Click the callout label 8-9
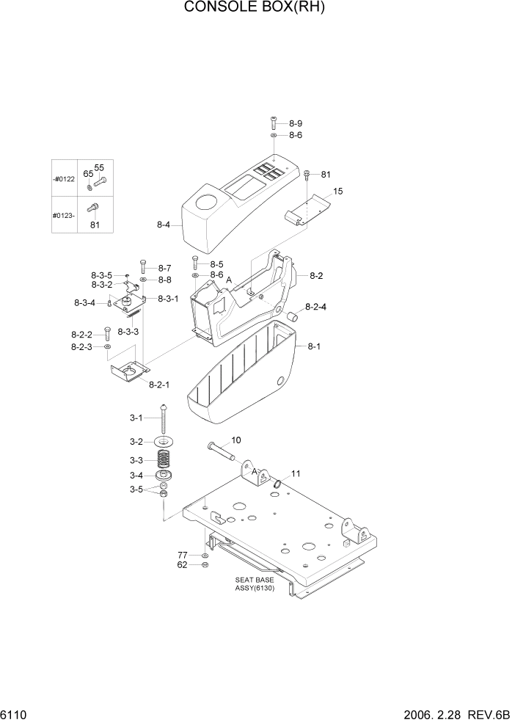(x=295, y=123)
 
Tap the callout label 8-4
(x=164, y=225)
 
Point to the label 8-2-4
(x=315, y=307)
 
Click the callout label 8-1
(x=314, y=346)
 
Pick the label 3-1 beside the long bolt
(x=136, y=418)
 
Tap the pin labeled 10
(x=221, y=451)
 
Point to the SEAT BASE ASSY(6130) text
(x=254, y=584)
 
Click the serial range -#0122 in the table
(x=64, y=178)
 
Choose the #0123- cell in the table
(x=64, y=216)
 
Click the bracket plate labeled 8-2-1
(x=129, y=373)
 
